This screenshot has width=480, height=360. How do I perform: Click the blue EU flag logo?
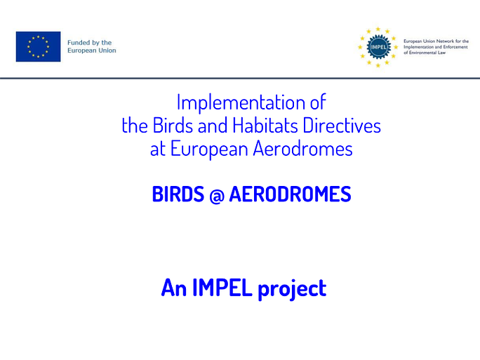[x=39, y=46]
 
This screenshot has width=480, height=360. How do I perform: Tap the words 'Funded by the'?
[x=89, y=43]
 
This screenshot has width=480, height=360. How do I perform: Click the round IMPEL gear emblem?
[x=379, y=47]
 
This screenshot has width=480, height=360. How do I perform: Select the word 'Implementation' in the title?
[x=241, y=102]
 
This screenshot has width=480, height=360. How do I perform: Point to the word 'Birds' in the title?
[x=173, y=125]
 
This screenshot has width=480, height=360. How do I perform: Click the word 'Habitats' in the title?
[x=265, y=125]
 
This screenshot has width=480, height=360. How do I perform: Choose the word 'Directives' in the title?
[x=342, y=125]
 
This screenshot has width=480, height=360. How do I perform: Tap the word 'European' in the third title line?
[x=209, y=149]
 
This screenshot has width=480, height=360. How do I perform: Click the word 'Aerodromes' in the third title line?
[x=302, y=149]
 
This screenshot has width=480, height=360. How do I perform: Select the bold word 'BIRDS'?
[x=178, y=194]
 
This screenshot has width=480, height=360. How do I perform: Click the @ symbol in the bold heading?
[x=217, y=195]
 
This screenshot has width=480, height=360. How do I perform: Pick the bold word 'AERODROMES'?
[x=291, y=194]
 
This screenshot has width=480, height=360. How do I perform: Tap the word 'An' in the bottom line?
[x=174, y=288]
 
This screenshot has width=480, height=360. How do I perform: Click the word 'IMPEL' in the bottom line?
[x=222, y=288]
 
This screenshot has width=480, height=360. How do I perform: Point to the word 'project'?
[x=293, y=289]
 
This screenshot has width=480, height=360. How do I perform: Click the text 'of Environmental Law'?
[x=425, y=53]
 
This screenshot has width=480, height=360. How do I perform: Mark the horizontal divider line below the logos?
[x=240, y=79]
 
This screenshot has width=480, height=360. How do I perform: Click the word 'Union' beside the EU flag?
[x=107, y=51]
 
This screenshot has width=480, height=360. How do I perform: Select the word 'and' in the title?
[x=213, y=125]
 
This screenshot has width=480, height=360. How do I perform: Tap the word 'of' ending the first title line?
[x=318, y=102]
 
